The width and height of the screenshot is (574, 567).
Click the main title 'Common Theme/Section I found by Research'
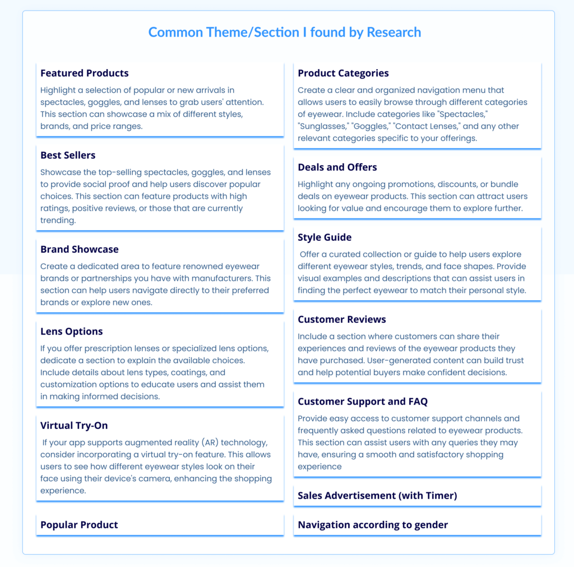(284, 33)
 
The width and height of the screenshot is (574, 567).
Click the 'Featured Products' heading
(84, 73)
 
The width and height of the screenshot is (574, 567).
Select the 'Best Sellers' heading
(68, 155)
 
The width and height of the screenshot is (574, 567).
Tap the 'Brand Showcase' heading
(80, 249)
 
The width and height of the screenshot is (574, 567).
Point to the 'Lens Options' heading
(72, 331)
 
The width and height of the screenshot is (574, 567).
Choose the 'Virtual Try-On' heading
(74, 426)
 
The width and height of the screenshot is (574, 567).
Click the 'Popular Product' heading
(79, 525)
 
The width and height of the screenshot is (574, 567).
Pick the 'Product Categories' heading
(343, 73)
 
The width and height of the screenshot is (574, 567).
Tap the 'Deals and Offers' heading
(337, 167)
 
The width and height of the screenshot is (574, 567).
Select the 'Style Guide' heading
(325, 237)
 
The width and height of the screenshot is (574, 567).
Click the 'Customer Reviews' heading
(342, 319)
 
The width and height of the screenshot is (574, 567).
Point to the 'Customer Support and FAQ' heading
(363, 401)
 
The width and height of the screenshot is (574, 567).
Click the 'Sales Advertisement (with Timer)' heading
(377, 496)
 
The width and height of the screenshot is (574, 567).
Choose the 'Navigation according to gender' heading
(373, 525)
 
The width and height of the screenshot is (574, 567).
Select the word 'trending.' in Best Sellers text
(58, 221)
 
